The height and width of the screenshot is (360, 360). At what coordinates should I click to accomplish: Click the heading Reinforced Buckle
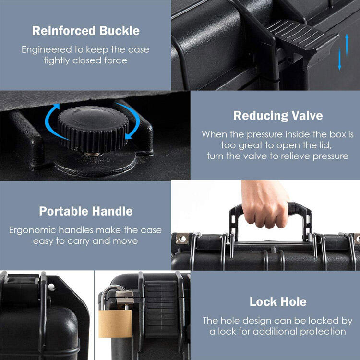pos(86,31)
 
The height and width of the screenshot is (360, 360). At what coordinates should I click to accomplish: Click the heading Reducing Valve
pos(277,116)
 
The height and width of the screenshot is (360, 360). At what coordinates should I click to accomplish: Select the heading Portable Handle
pos(86,211)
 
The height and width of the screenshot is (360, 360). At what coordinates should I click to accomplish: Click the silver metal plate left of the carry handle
pos(181,238)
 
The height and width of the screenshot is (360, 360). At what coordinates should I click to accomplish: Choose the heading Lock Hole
pos(277,302)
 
